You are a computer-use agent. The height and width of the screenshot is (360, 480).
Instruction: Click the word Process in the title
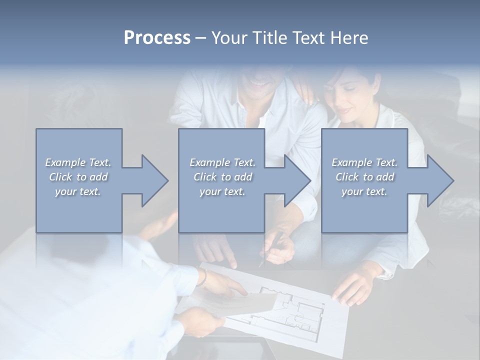(157, 38)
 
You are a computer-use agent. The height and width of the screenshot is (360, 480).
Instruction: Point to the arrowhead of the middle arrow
(297, 180)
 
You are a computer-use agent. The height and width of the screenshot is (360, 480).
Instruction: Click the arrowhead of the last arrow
(439, 180)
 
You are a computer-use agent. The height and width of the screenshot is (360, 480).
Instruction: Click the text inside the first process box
(78, 177)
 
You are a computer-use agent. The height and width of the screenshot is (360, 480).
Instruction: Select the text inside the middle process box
(222, 177)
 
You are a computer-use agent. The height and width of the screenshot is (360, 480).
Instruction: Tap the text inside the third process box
(364, 177)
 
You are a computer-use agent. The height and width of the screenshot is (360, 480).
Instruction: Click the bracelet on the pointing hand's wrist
(202, 278)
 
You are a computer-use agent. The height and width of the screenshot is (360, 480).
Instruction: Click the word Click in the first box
(60, 177)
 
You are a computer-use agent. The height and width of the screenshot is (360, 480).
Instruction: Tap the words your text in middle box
(222, 191)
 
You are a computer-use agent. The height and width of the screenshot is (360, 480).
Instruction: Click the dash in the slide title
(201, 38)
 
